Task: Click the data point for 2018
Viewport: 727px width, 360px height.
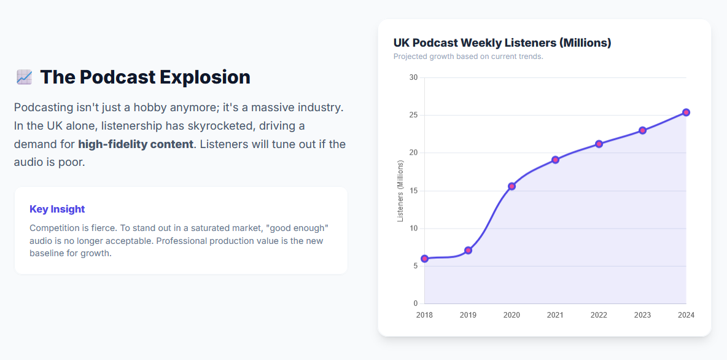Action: pyautogui.click(x=424, y=259)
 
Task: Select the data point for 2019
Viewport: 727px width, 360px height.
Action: pyautogui.click(x=468, y=250)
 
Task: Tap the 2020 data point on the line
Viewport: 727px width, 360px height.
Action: pyautogui.click(x=511, y=186)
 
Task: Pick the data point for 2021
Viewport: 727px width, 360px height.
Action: pyautogui.click(x=555, y=160)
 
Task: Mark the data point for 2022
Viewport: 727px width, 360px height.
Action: pyautogui.click(x=599, y=144)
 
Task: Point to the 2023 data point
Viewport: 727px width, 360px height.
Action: pyautogui.click(x=642, y=130)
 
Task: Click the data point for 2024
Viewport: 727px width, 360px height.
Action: pyautogui.click(x=686, y=112)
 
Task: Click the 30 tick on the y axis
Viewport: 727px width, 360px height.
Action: pyautogui.click(x=413, y=77)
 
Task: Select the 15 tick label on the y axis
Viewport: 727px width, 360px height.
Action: pyautogui.click(x=413, y=190)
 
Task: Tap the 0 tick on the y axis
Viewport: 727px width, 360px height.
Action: pyautogui.click(x=416, y=303)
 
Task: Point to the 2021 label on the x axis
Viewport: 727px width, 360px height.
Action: pyautogui.click(x=555, y=315)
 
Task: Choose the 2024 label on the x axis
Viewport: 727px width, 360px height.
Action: pyautogui.click(x=686, y=315)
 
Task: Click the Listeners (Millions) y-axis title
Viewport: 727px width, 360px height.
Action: pyautogui.click(x=400, y=190)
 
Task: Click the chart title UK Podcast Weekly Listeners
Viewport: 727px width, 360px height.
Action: pyautogui.click(x=502, y=43)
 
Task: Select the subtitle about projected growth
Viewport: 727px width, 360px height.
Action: pyautogui.click(x=468, y=57)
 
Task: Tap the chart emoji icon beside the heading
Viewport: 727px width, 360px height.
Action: pyautogui.click(x=24, y=77)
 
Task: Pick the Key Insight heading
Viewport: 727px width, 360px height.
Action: pyautogui.click(x=57, y=209)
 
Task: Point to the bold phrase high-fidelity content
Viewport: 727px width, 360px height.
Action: pyautogui.click(x=135, y=144)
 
